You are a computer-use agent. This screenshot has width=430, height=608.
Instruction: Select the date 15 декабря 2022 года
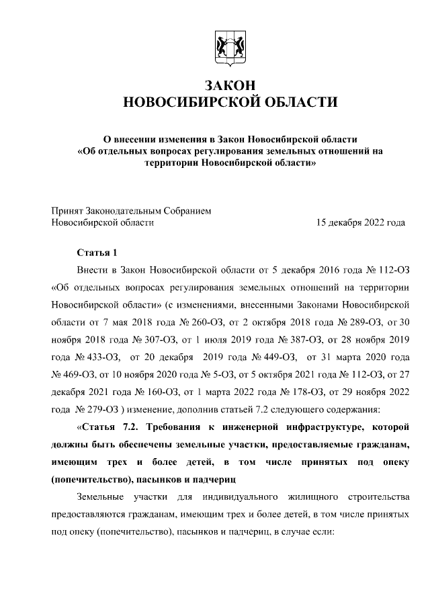point(360,222)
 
